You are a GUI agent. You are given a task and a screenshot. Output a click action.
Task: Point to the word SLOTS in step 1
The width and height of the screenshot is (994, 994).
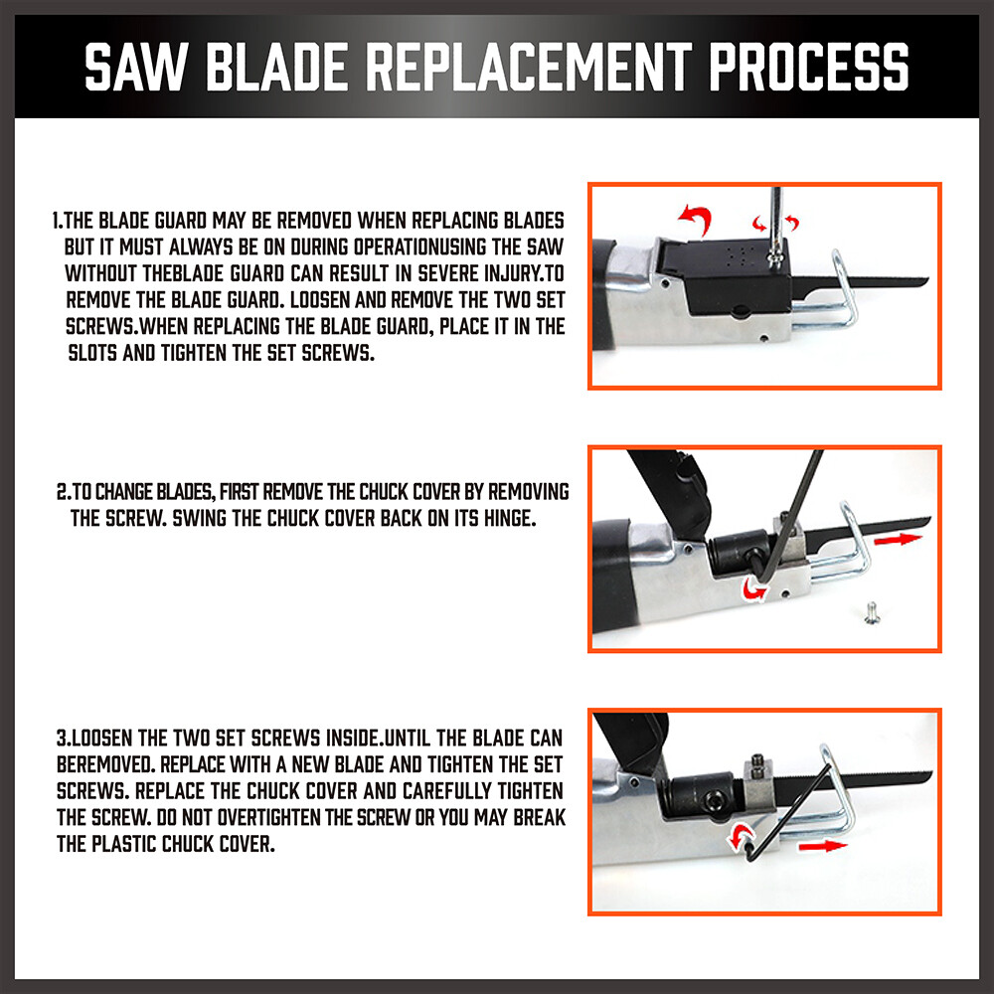[x=95, y=353]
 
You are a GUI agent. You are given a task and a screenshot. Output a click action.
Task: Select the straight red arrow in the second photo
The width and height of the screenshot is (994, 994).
[x=898, y=538]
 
